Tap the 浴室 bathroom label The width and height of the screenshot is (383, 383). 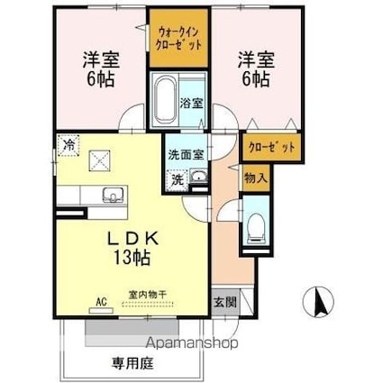click(191, 103)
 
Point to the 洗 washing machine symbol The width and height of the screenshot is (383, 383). click(177, 178)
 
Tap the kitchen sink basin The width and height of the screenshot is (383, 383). click(114, 196)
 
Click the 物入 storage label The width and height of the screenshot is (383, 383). click(254, 178)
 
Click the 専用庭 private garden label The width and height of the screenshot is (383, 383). click(130, 365)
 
